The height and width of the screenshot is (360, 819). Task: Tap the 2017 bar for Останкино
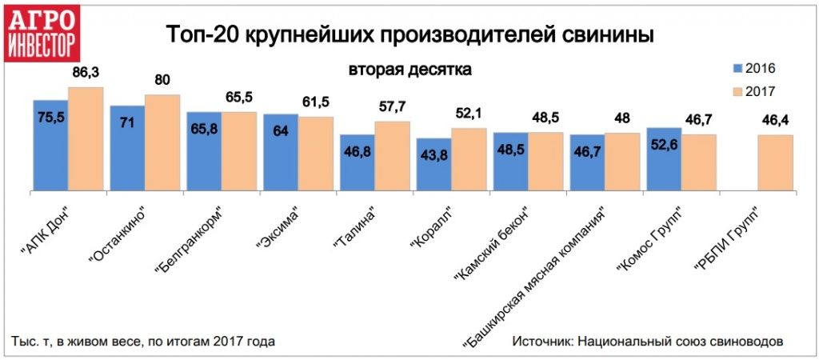pyautogui.click(x=162, y=144)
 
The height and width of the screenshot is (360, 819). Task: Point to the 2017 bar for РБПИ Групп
pyautogui.click(x=775, y=164)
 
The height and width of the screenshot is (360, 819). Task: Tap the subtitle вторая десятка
pyautogui.click(x=409, y=70)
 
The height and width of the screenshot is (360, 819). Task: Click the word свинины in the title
pyautogui.click(x=605, y=36)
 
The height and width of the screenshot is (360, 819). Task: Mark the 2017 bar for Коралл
pyautogui.click(x=469, y=160)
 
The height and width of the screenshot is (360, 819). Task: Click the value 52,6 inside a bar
pyautogui.click(x=663, y=146)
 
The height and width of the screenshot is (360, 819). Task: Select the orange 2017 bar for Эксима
pyautogui.click(x=316, y=154)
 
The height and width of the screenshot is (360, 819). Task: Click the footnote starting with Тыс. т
pyautogui.click(x=143, y=342)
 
